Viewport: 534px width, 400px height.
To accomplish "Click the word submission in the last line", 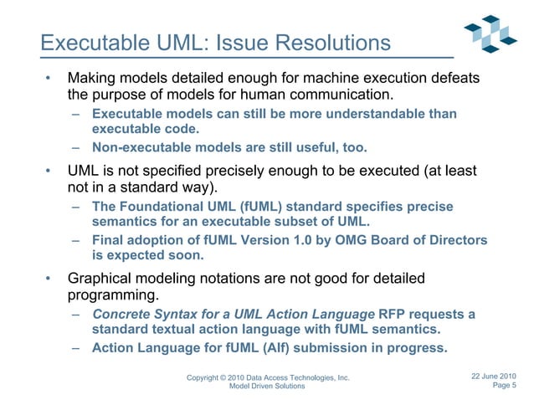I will [x=325, y=349].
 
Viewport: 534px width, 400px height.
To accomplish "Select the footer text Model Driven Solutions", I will [x=261, y=387].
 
